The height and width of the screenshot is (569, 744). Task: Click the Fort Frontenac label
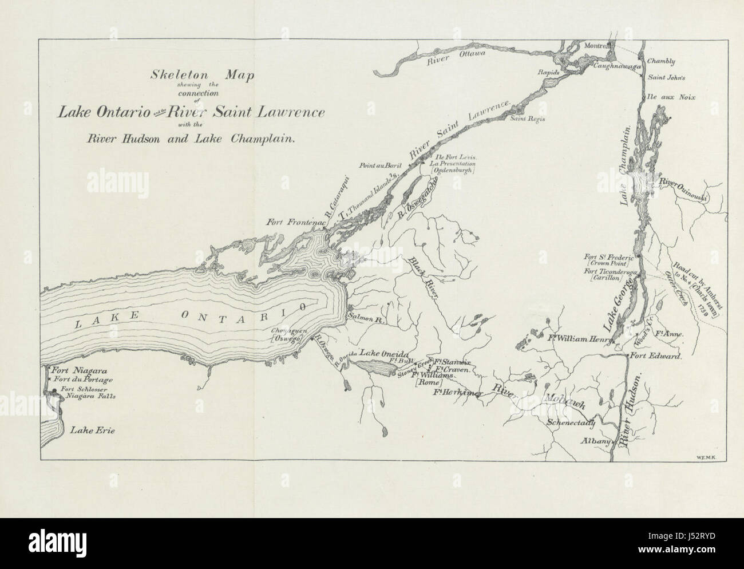(292, 222)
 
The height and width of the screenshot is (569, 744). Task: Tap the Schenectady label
(571, 424)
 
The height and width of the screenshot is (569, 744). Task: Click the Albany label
(593, 441)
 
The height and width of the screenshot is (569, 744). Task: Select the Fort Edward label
(656, 355)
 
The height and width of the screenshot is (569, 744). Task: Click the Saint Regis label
(528, 119)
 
